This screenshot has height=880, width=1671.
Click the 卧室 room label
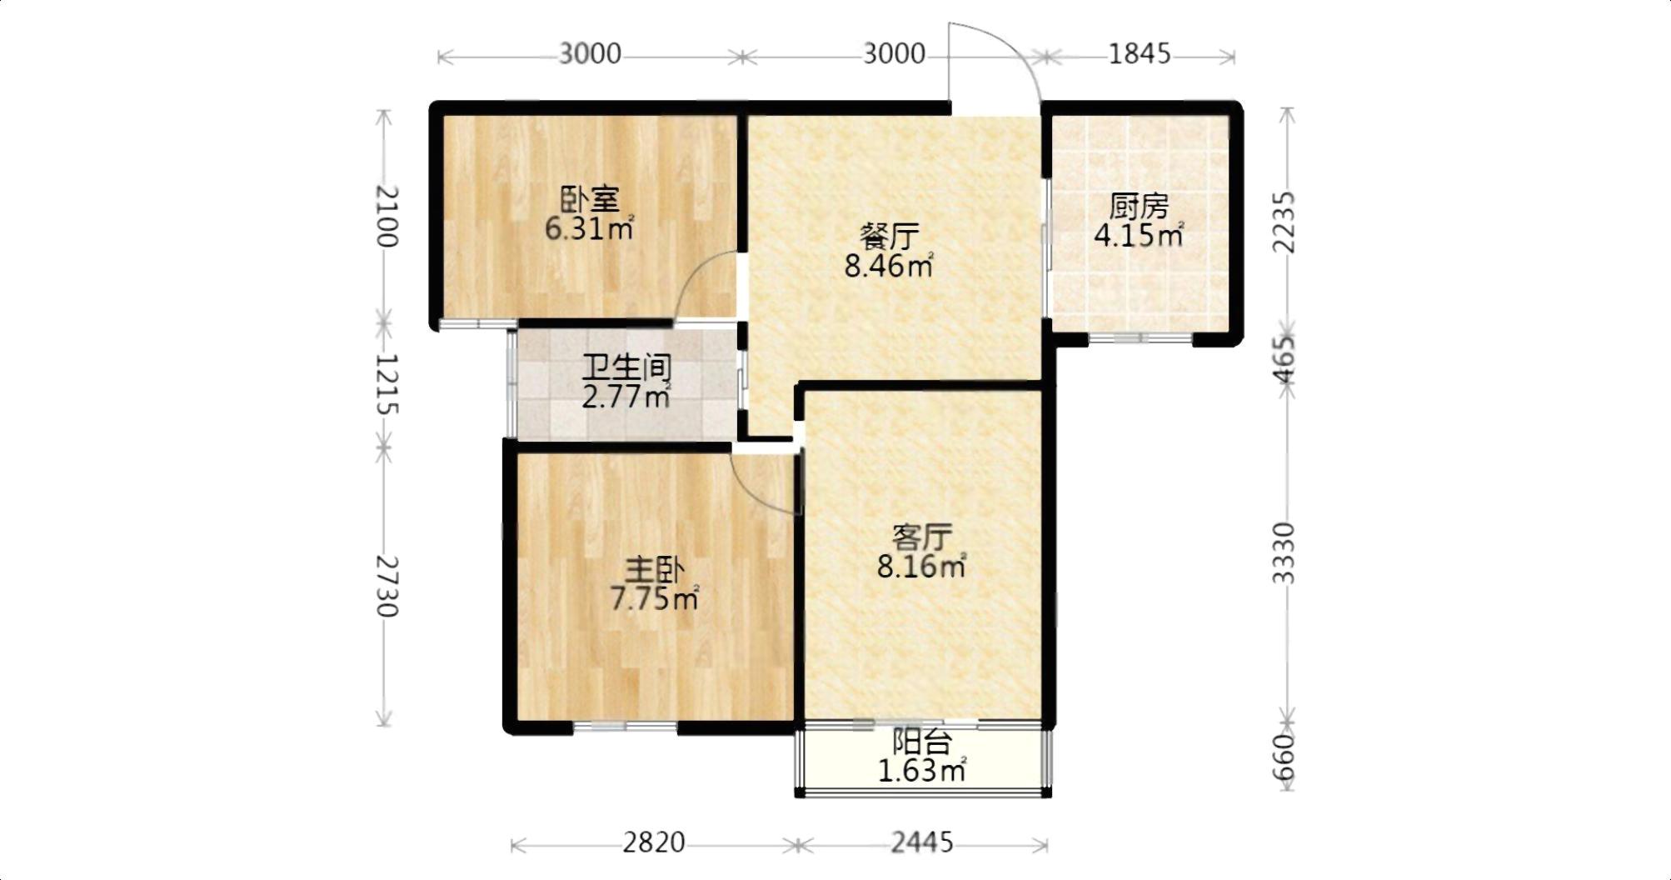click(x=590, y=200)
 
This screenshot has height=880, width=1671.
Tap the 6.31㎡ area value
click(x=589, y=228)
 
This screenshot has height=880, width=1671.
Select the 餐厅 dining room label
click(x=889, y=237)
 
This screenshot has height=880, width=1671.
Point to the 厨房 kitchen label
click(x=1139, y=206)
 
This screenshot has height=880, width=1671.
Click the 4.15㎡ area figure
click(x=1139, y=235)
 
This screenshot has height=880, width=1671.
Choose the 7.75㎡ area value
click(x=655, y=598)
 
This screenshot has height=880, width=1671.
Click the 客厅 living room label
click(x=921, y=537)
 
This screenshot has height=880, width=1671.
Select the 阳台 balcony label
click(x=922, y=741)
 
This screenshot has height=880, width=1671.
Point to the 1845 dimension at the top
click(x=1140, y=54)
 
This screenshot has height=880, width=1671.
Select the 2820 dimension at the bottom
click(x=654, y=843)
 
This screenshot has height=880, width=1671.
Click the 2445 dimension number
click(x=922, y=843)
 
